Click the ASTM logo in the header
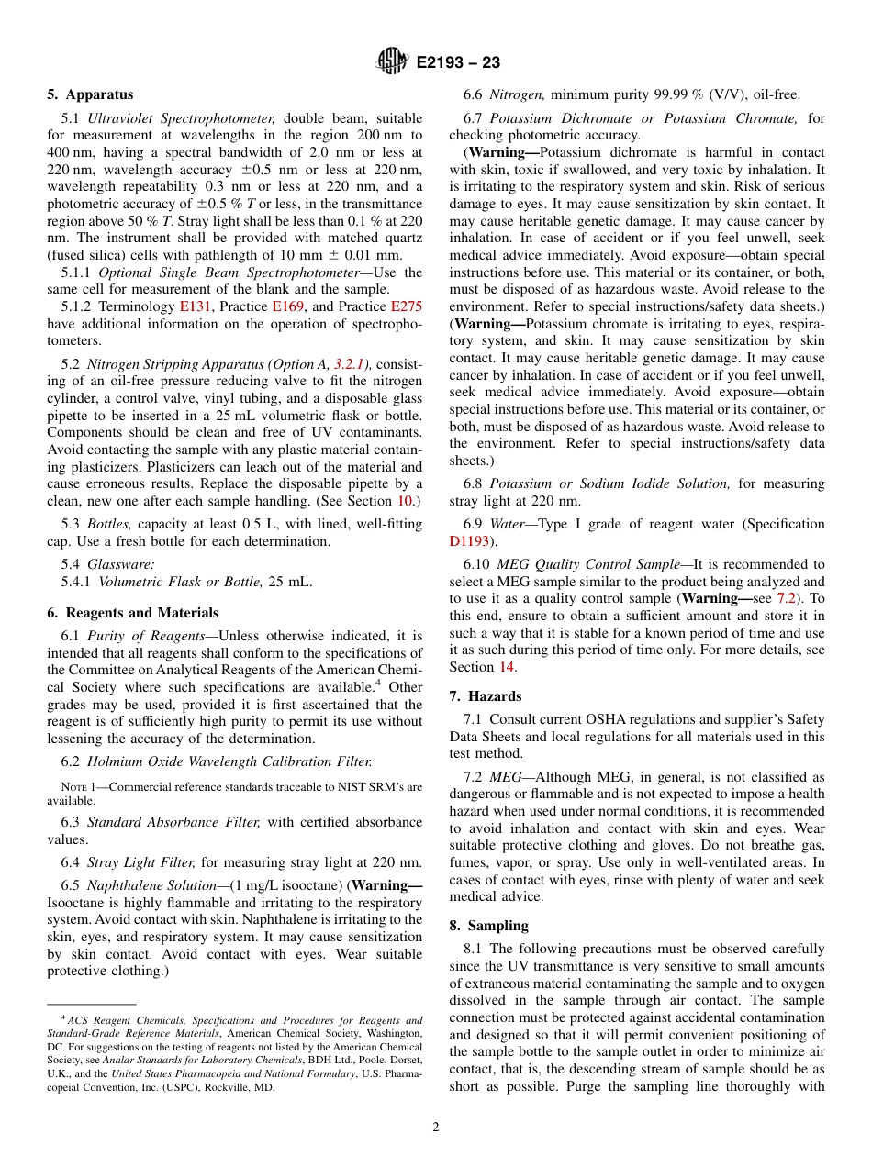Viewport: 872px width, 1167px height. tap(392, 62)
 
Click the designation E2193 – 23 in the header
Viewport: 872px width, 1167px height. tap(458, 63)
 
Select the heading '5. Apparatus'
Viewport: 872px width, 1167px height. tap(90, 94)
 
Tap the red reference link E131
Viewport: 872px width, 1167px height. tap(195, 306)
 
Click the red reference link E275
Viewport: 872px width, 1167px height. tap(407, 306)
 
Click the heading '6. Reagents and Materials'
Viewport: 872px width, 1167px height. tap(133, 613)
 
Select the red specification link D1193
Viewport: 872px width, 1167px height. tap(469, 541)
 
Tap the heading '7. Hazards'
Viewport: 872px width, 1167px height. tap(486, 696)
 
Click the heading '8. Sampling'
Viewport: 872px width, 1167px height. tap(489, 926)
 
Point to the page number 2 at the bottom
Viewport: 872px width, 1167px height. tap(436, 1128)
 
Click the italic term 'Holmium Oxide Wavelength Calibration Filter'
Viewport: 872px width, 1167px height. tap(229, 761)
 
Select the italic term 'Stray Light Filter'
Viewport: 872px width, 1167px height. tap(141, 862)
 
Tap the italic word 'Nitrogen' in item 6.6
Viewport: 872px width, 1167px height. tap(517, 94)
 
